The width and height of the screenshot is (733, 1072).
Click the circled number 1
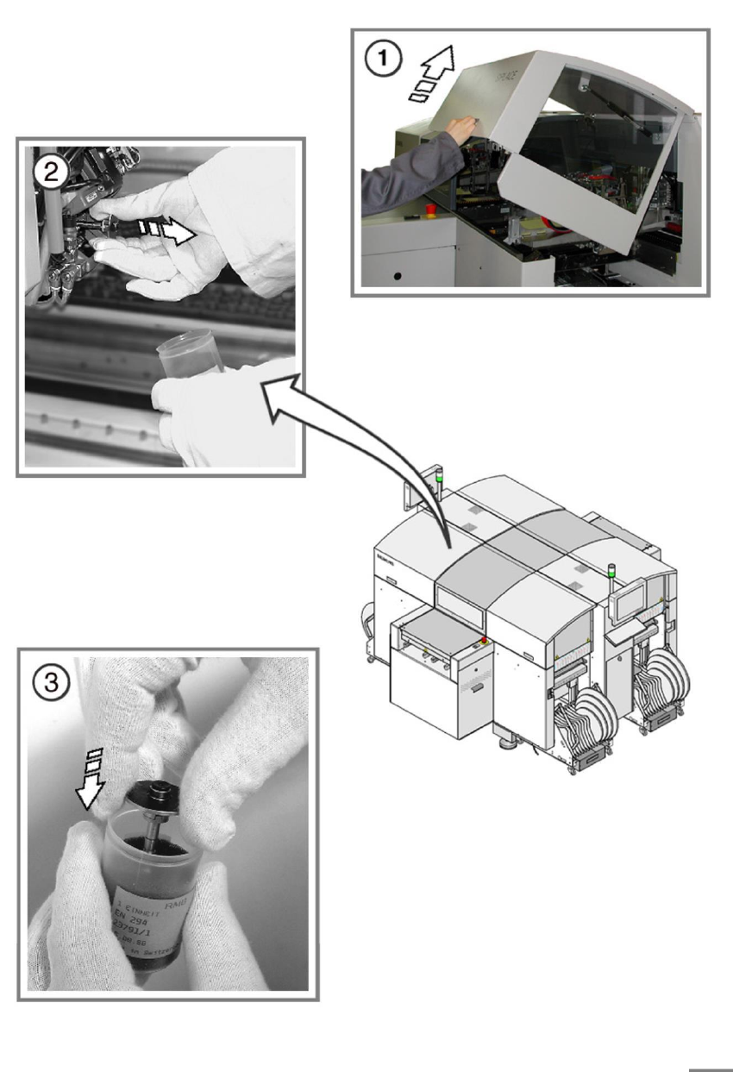(x=379, y=60)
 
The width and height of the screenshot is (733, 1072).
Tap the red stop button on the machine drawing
(x=484, y=640)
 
